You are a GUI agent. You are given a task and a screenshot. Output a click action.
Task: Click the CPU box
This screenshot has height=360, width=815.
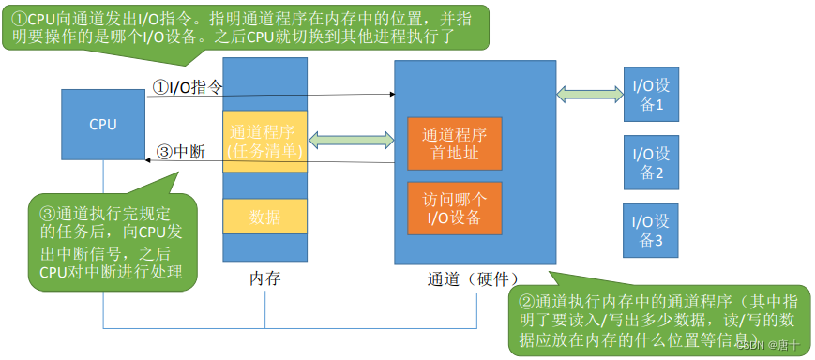click(x=103, y=124)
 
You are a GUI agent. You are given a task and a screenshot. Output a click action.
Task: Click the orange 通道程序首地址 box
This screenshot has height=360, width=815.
click(x=454, y=143)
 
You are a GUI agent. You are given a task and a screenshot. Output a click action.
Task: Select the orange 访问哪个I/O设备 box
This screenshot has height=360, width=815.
click(x=454, y=208)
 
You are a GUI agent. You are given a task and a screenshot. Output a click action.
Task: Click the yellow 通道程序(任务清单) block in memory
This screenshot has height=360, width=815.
click(x=264, y=142)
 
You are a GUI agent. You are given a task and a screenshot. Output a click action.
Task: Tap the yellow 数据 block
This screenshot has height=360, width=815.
click(x=264, y=217)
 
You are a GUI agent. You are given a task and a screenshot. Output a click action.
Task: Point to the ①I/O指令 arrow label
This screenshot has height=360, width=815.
click(x=188, y=87)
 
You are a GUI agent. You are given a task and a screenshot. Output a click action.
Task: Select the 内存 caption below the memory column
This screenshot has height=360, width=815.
click(x=264, y=278)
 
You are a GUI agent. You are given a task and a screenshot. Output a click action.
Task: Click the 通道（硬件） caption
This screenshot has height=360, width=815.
click(x=473, y=278)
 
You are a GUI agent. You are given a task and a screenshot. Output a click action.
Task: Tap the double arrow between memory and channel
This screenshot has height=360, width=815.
click(x=351, y=142)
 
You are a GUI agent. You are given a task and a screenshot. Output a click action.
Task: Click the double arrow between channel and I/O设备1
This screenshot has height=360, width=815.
click(x=588, y=93)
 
